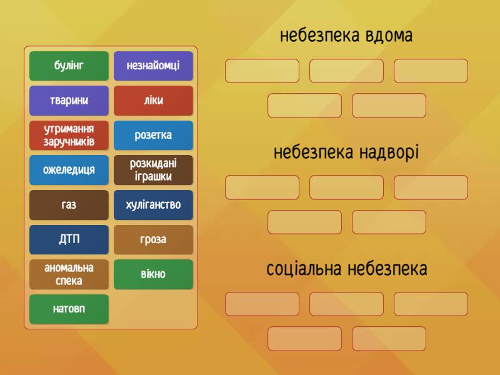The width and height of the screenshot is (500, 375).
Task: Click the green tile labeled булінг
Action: coord(69,66)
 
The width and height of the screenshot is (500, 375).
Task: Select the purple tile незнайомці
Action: coord(153,66)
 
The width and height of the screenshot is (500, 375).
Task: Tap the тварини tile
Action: coord(69,101)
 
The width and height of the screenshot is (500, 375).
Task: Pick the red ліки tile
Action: coord(153,101)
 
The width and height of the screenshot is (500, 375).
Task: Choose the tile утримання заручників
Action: coord(69,135)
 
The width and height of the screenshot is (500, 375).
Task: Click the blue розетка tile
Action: coord(153,135)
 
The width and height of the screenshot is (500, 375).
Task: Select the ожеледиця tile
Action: coord(69,170)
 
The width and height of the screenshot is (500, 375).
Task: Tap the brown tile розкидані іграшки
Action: coord(153,170)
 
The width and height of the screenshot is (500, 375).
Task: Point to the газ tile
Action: coord(69,205)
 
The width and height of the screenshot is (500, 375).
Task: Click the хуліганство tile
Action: coord(153,205)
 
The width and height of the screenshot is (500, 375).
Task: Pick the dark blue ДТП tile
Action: coord(69,239)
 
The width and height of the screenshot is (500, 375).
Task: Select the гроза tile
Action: coord(153,239)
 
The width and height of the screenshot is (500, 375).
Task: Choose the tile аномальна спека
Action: coord(69,274)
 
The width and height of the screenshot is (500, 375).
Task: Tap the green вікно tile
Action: coord(153,274)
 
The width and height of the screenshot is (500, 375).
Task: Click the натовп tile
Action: coord(69,309)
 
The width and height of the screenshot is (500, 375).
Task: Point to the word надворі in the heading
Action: coord(389,152)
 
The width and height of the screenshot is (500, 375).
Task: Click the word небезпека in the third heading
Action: coord(387,269)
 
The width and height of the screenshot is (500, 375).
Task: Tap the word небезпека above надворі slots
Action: coord(314,152)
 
